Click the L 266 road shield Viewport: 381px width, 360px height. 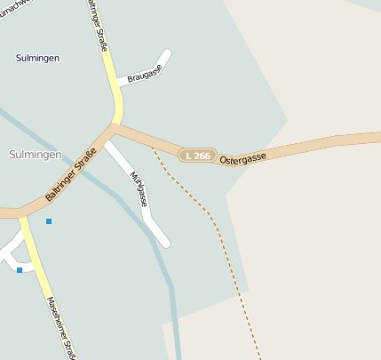[198, 155]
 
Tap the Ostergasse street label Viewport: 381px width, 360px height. [243, 155]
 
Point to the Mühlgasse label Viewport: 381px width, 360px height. [138, 188]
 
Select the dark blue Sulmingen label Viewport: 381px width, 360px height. [37, 58]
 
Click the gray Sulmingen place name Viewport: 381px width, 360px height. [35, 154]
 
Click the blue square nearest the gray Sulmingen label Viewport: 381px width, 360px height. [49, 220]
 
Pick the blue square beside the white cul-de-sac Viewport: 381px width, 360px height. [20, 269]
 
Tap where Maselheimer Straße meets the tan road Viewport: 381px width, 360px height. [21, 213]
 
